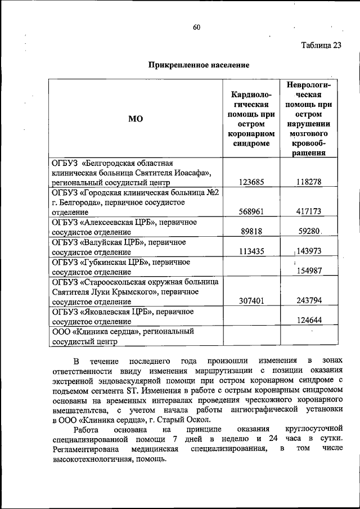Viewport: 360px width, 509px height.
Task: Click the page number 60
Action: [x=196, y=27]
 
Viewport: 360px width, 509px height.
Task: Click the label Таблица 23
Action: [x=321, y=46]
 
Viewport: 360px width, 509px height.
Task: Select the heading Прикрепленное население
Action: [x=199, y=65]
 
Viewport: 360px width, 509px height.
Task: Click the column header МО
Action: [x=136, y=119]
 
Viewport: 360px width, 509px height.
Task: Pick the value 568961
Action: [x=251, y=212]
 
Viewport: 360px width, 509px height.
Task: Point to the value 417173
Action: [x=309, y=212]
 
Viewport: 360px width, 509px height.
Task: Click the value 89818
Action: [x=253, y=231]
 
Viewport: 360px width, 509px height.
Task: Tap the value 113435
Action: [x=251, y=251]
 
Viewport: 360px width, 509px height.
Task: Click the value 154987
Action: [x=309, y=271]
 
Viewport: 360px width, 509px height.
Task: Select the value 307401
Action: [x=251, y=301]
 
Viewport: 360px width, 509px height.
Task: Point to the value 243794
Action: [x=309, y=301]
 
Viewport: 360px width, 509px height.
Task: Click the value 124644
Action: [x=309, y=321]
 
